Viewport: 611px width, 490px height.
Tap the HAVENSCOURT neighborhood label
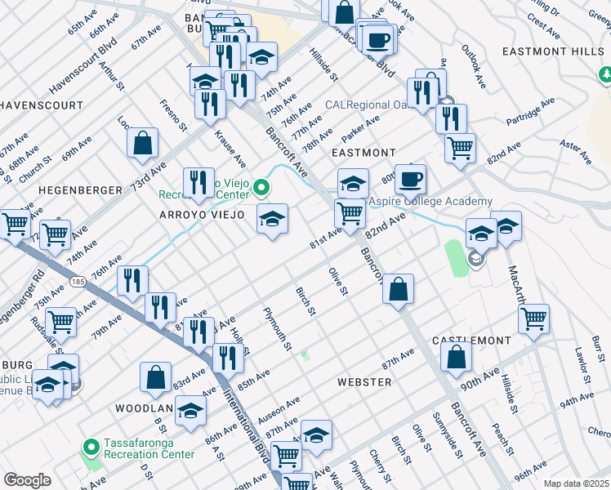(x=42, y=105)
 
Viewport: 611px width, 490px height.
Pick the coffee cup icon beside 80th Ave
(x=410, y=177)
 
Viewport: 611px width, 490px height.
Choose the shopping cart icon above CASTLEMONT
(x=533, y=318)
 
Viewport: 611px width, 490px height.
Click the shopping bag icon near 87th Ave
(x=456, y=355)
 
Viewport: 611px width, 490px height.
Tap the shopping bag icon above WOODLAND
(x=155, y=376)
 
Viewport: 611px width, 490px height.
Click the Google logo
(x=28, y=480)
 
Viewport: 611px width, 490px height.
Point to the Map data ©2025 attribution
(x=576, y=483)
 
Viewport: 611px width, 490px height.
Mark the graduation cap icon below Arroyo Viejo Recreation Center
(x=273, y=218)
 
